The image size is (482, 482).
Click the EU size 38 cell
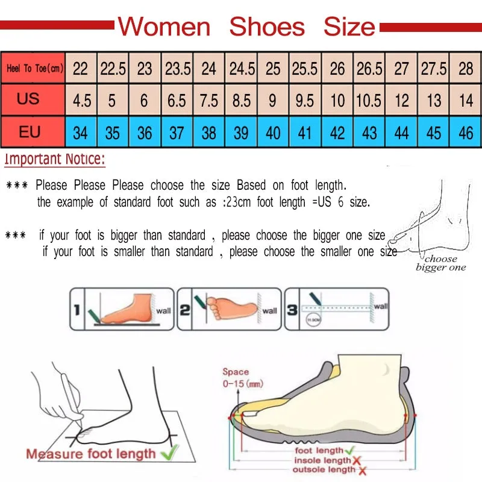(209, 132)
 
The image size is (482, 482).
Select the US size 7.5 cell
(209, 100)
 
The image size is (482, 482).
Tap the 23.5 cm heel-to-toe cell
(177, 69)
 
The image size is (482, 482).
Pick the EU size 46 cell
(466, 132)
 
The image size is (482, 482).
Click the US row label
(28, 98)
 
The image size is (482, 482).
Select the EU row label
(29, 131)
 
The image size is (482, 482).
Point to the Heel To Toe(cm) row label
(34, 69)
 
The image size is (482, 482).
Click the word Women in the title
(164, 27)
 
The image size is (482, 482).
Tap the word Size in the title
(349, 27)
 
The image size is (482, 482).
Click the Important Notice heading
(54, 160)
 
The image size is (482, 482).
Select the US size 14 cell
(466, 100)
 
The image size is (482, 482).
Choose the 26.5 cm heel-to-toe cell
(369, 69)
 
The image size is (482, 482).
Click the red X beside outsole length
(361, 470)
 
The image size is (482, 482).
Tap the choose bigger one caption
(440, 263)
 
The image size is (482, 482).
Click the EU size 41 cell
(305, 132)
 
